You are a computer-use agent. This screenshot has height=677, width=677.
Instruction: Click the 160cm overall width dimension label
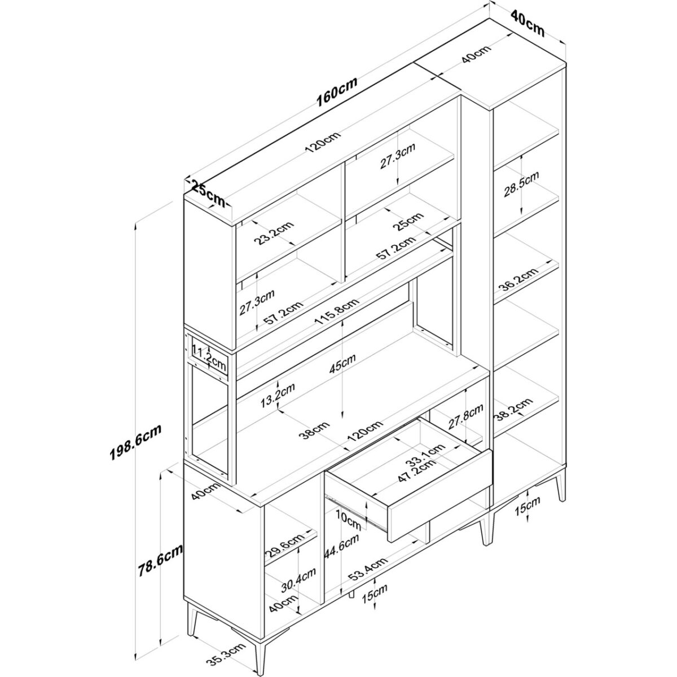click(337, 92)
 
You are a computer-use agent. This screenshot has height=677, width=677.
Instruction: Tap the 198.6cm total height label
click(135, 442)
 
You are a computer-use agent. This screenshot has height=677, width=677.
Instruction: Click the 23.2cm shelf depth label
click(274, 234)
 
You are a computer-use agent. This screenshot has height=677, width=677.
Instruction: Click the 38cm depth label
click(314, 430)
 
